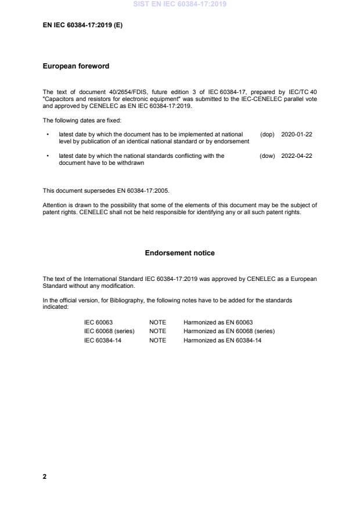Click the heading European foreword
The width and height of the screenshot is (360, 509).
tap(75, 66)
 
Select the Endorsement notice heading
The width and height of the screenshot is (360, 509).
tap(179, 253)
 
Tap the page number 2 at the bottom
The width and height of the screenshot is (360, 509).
tap(45, 476)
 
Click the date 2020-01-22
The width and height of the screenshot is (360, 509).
tap(297, 133)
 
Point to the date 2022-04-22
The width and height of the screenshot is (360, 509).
tap(297, 156)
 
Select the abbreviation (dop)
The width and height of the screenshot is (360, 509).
tap(267, 133)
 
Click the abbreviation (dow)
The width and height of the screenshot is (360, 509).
tap(267, 156)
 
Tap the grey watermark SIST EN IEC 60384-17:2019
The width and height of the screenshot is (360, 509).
tap(179, 4)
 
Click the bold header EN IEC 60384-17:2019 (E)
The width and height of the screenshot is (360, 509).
tap(82, 26)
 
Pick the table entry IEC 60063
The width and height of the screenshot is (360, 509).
tap(98, 322)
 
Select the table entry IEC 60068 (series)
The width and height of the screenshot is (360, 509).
tap(109, 331)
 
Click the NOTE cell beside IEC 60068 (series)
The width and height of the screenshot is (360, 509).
tap(157, 331)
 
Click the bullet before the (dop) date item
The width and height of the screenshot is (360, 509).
tap(47, 133)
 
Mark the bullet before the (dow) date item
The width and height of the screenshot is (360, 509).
tap(47, 156)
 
